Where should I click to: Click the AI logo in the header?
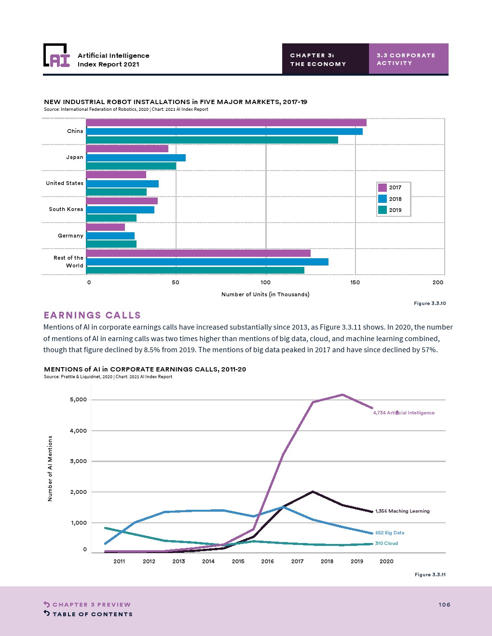point(57,56)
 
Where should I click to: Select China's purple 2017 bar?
point(226,123)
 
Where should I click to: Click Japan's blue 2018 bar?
point(136,158)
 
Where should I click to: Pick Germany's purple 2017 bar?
point(106,227)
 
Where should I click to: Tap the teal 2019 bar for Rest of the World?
point(195,270)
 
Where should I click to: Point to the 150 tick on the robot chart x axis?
point(355,282)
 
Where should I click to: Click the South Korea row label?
point(66,209)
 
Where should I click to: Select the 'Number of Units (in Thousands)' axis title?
point(265,294)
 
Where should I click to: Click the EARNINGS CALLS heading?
point(92,315)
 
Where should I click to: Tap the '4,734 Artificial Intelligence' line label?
point(404,413)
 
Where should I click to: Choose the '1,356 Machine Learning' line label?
point(402,511)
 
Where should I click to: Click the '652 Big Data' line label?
point(390,533)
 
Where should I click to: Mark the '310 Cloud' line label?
point(386,543)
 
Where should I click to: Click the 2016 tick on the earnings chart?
point(267,561)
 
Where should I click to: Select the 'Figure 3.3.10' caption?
point(430,304)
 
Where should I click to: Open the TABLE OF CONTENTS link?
point(92,614)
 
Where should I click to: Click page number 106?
point(444,605)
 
